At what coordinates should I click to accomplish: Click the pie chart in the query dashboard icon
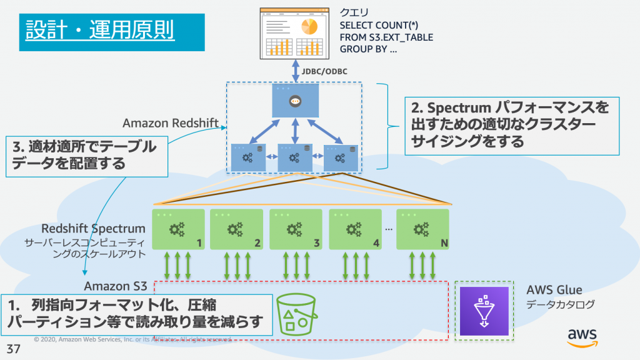pyautogui.click(x=309, y=27)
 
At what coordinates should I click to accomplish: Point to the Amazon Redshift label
pyautogui.click(x=171, y=122)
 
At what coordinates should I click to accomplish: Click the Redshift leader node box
pyautogui.click(x=295, y=100)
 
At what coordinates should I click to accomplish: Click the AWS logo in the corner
pyautogui.click(x=582, y=336)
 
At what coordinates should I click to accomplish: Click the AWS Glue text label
pyautogui.click(x=554, y=290)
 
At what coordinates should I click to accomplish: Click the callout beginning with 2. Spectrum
pyautogui.click(x=509, y=124)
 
